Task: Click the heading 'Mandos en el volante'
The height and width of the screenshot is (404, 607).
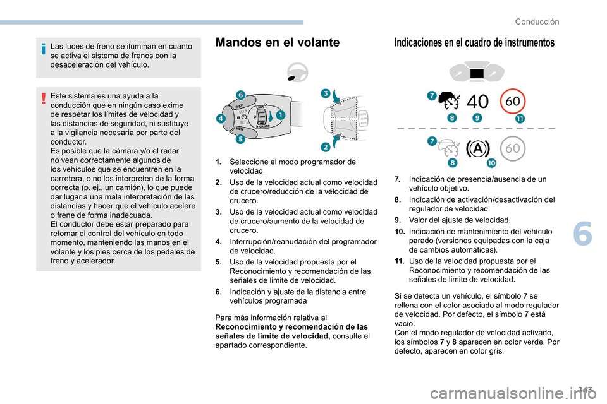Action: [x=277, y=43]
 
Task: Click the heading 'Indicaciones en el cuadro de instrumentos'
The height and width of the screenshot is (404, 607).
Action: [x=474, y=43]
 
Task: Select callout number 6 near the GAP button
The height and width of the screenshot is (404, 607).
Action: [x=240, y=95]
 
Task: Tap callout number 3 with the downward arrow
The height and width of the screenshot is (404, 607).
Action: [x=326, y=94]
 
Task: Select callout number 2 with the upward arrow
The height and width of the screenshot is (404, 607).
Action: [x=325, y=146]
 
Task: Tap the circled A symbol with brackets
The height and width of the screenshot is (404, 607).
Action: [x=478, y=149]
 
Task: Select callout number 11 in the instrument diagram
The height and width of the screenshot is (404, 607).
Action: [x=519, y=118]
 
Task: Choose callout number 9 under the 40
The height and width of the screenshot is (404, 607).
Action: [x=476, y=118]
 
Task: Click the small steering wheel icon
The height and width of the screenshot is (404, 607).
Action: [x=297, y=73]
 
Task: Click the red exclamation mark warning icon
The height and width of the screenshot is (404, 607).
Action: [x=42, y=98]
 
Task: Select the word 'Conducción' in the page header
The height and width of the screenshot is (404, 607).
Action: [x=537, y=21]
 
